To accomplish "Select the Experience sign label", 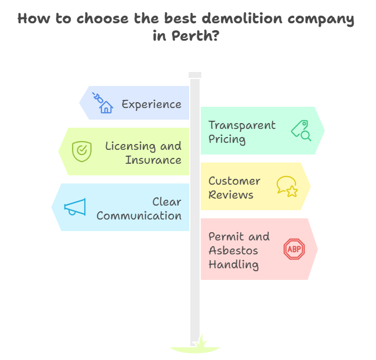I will point(151,105).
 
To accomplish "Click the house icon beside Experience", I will point(106,106).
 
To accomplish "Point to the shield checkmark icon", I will point(81,151).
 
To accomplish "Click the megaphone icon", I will point(75,207).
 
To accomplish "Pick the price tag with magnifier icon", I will point(301,131).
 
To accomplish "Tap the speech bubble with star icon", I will point(287,186).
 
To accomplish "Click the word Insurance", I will point(153,160).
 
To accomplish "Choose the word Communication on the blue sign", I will point(139,215).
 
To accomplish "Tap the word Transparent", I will point(242,125).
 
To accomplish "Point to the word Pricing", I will point(227,139).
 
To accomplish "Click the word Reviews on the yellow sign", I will point(230,195).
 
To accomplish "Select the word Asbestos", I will point(233,251).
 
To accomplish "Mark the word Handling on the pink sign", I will point(233,265).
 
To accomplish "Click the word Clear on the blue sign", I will point(167,201).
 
